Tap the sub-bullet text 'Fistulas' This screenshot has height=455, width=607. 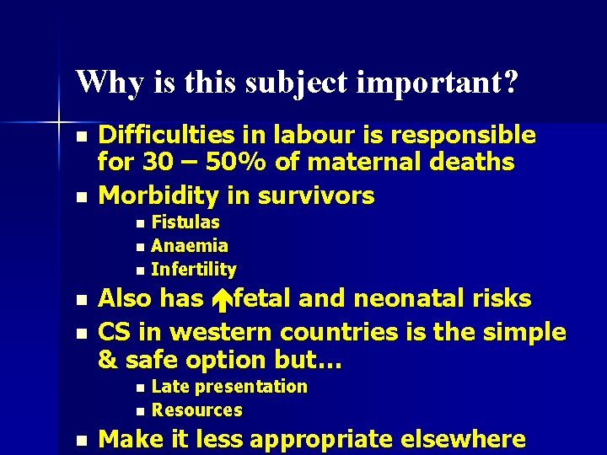click(x=185, y=222)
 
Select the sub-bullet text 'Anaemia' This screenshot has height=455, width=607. click(x=190, y=246)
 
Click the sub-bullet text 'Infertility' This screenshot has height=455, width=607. click(x=194, y=270)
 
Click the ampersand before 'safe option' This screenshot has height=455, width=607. click(x=108, y=360)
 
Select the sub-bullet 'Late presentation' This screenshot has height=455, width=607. click(x=229, y=387)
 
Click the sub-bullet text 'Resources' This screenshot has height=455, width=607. click(x=197, y=410)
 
